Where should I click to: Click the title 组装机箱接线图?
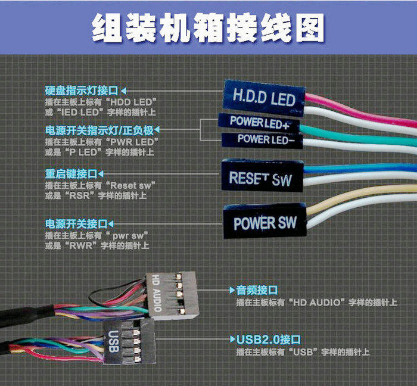point(208,26)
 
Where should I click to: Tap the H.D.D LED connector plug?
point(263,96)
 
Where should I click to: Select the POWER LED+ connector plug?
point(260,123)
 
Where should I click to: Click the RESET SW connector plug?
point(262,177)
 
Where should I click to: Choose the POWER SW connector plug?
point(264,223)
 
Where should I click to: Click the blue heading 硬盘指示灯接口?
point(81,91)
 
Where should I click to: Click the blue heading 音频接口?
point(257,291)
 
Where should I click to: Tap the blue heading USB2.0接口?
point(268,340)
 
